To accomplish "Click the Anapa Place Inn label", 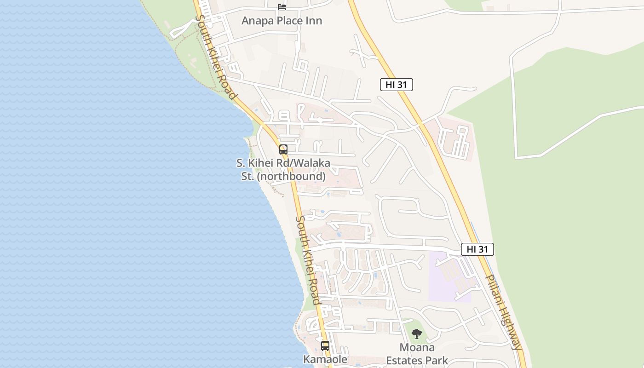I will pyautogui.click(x=282, y=21).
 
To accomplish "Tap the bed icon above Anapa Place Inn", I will pyautogui.click(x=282, y=6).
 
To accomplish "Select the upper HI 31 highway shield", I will pyautogui.click(x=396, y=85).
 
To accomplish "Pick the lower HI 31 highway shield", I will pyautogui.click(x=477, y=249).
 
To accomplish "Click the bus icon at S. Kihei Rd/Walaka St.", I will pyautogui.click(x=283, y=149).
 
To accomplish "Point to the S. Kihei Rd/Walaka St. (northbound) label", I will pyautogui.click(x=283, y=170).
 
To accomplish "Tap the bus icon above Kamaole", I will pyautogui.click(x=325, y=345).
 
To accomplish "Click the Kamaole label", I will pyautogui.click(x=325, y=359).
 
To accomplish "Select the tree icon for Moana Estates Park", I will pyautogui.click(x=417, y=333).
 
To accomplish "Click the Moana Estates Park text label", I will pyautogui.click(x=417, y=354).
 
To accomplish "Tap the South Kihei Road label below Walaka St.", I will pyautogui.click(x=308, y=260).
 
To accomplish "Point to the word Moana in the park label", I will pyautogui.click(x=417, y=347).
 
